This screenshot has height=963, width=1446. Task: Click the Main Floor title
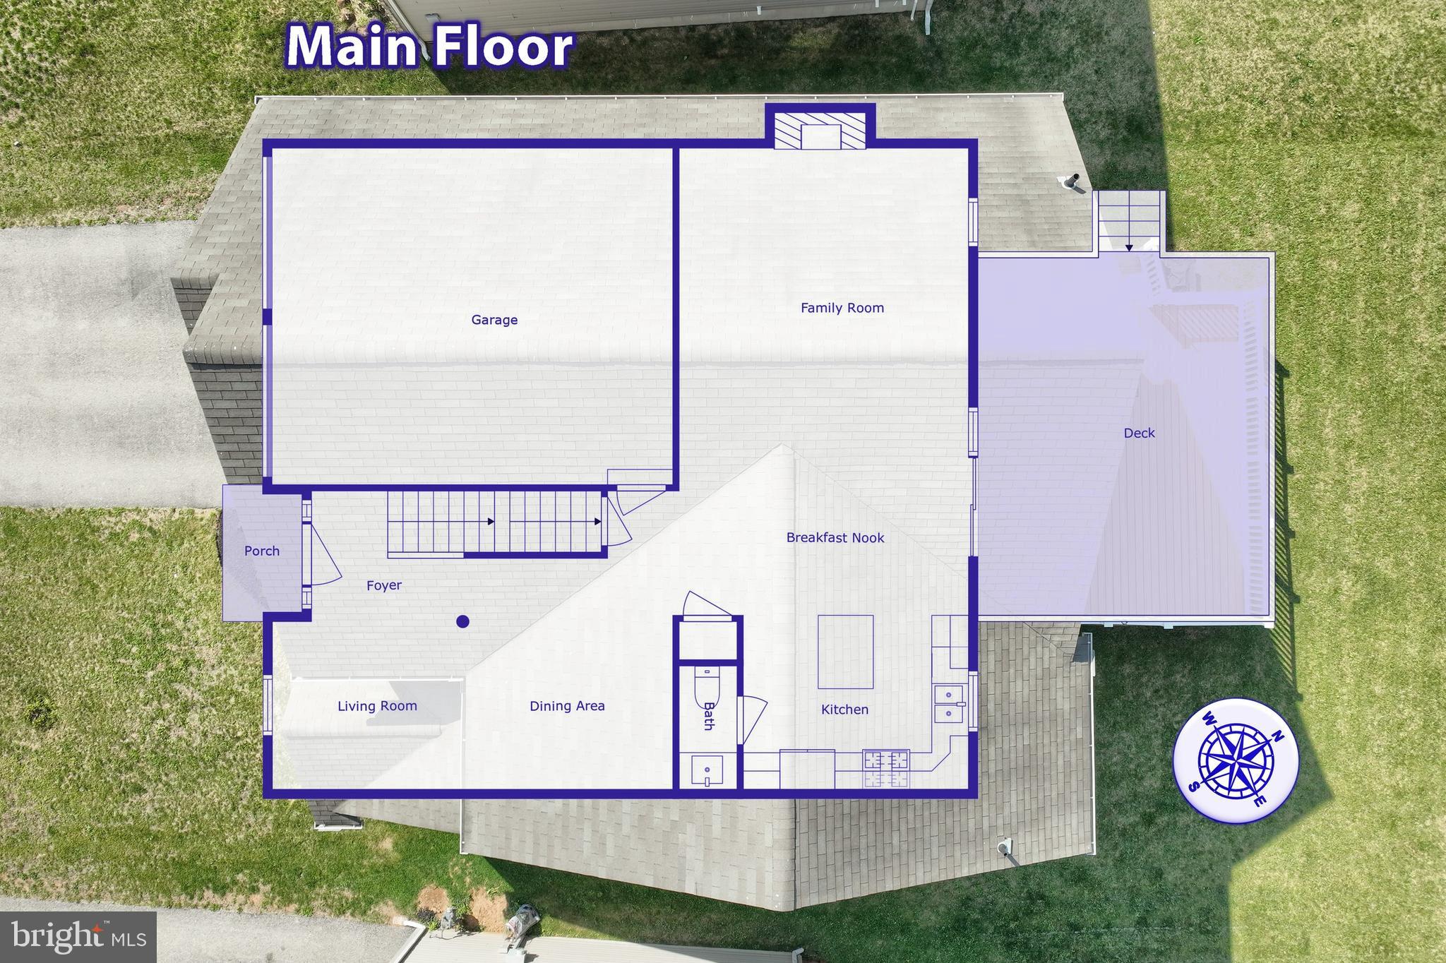coord(429,47)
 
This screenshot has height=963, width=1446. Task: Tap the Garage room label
coord(494,320)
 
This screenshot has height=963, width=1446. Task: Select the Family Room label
coord(842,308)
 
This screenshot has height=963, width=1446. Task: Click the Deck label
coord(1139,433)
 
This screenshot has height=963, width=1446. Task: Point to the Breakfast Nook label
coord(835,537)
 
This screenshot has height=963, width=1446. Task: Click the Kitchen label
coord(844,709)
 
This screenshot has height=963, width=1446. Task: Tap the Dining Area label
coord(567,705)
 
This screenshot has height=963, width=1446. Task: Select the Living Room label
coord(377,705)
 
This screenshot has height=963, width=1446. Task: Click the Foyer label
coord(384,585)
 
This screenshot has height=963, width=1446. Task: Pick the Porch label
coord(262,551)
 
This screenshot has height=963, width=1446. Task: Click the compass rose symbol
coord(1235,760)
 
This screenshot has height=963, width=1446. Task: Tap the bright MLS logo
coord(78,936)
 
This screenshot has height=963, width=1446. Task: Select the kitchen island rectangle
coord(845,651)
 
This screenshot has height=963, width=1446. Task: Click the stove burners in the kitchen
coord(886,769)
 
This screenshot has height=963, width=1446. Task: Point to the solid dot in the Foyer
coord(462,621)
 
